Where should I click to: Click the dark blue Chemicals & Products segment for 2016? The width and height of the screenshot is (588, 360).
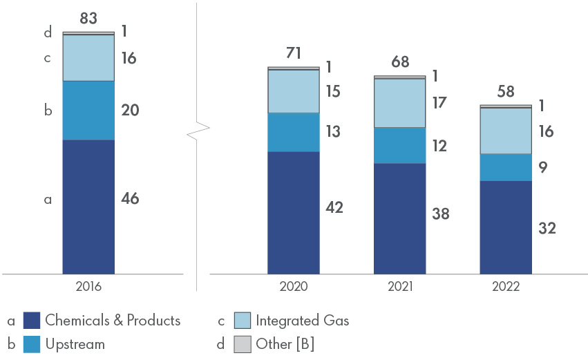[x=88, y=207]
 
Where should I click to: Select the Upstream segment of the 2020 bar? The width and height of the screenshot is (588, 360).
[x=294, y=132]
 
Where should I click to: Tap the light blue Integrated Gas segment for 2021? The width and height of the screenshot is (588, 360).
[x=399, y=103]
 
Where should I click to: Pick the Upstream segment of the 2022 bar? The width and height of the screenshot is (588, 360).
[x=506, y=167]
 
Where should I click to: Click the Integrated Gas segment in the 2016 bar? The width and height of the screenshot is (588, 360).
[x=88, y=58]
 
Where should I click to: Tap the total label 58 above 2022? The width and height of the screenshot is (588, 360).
[x=506, y=93]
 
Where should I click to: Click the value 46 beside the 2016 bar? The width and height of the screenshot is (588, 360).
[x=129, y=199]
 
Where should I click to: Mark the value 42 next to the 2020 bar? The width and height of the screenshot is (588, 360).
[x=334, y=207]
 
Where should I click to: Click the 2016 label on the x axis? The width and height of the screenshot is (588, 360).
[x=88, y=287]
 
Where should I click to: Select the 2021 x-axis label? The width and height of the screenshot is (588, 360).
[x=399, y=287]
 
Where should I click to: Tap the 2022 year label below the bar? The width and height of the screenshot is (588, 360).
[x=506, y=287]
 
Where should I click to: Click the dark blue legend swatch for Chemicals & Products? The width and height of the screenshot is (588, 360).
[x=32, y=321]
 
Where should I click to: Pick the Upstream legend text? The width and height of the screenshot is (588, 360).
[x=75, y=343]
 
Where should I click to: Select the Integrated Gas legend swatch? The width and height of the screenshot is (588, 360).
[x=242, y=321]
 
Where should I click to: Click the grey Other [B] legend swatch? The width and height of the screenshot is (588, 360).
[x=242, y=343]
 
